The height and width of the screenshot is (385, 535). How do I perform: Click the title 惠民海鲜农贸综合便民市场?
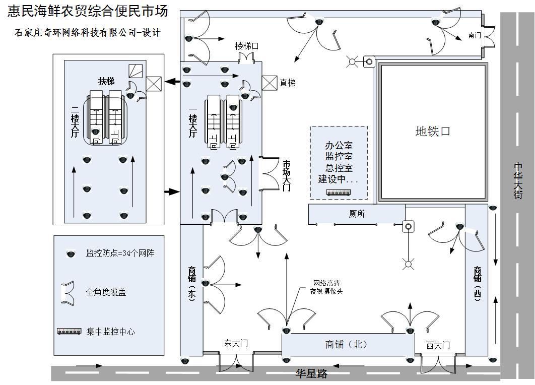pyautogui.click(x=88, y=12)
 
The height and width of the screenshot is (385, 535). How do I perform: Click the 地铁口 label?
pyautogui.click(x=432, y=132)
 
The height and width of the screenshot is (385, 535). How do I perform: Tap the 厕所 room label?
pyautogui.click(x=357, y=214)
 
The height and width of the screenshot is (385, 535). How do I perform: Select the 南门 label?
pyautogui.click(x=475, y=35)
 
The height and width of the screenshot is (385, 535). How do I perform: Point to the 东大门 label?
pyautogui.click(x=236, y=343)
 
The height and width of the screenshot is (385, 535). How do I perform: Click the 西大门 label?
pyautogui.click(x=437, y=345)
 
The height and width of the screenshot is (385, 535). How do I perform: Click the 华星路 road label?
pyautogui.click(x=311, y=374)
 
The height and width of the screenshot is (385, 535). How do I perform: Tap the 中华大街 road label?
pyautogui.click(x=518, y=180)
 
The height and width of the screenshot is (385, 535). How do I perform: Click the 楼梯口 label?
pyautogui.click(x=247, y=46)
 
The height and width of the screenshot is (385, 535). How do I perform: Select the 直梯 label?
pyautogui.click(x=288, y=83)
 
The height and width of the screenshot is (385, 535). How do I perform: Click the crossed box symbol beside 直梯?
pyautogui.click(x=270, y=83)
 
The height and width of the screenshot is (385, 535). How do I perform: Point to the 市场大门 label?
pyautogui.click(x=286, y=175)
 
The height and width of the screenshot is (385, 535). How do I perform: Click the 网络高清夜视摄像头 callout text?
pyautogui.click(x=328, y=287)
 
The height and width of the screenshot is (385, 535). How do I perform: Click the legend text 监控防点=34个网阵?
pyautogui.click(x=120, y=253)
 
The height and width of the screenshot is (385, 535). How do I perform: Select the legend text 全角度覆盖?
pyautogui.click(x=106, y=292)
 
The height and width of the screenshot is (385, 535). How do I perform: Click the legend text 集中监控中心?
pyautogui.click(x=110, y=332)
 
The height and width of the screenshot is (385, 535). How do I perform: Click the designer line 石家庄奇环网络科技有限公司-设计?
pyautogui.click(x=88, y=33)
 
